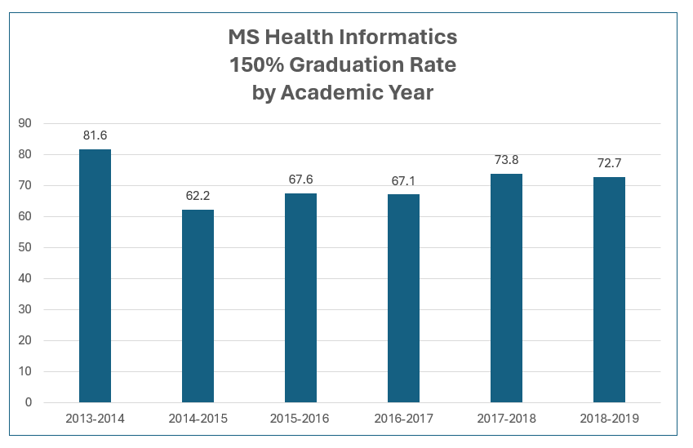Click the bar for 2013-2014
pyautogui.click(x=95, y=276)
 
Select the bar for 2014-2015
pyautogui.click(x=198, y=306)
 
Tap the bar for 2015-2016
pyautogui.click(x=300, y=298)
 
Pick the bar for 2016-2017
pyautogui.click(x=403, y=299)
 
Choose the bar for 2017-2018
pyautogui.click(x=506, y=288)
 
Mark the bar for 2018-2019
pyautogui.click(x=609, y=290)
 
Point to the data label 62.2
pyautogui.click(x=198, y=196)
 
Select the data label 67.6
pyautogui.click(x=300, y=180)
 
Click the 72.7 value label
pyautogui.click(x=609, y=163)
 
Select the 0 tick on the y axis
pyautogui.click(x=29, y=403)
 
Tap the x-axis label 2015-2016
pyautogui.click(x=300, y=419)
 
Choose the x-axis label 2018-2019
pyautogui.click(x=609, y=419)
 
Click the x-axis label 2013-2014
pyautogui.click(x=95, y=419)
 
